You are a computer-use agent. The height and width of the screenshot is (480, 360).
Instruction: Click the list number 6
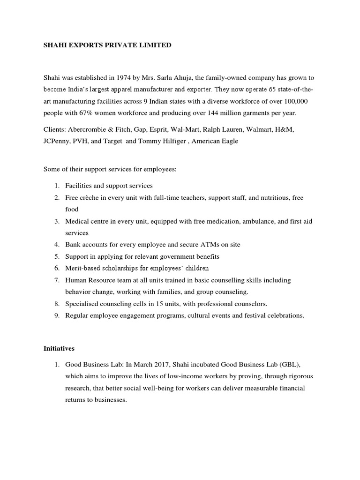point(57,268)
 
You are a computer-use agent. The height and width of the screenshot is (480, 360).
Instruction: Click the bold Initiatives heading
point(60,349)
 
